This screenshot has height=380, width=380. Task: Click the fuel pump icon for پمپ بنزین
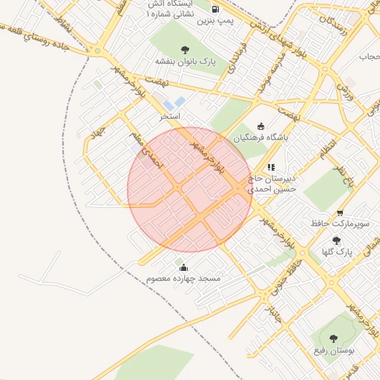coord(215,10)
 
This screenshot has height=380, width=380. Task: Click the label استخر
coord(171,117)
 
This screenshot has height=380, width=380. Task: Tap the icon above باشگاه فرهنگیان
coord(260,126)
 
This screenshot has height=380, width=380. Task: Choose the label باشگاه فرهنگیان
coord(261,138)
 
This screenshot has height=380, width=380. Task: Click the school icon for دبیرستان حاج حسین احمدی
coord(272,167)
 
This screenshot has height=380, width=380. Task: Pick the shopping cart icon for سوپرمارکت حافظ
coord(340,212)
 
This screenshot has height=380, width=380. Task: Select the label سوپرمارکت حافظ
coord(341,223)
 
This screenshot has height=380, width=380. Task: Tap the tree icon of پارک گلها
coord(336,240)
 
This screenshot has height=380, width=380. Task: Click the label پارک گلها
coord(335,252)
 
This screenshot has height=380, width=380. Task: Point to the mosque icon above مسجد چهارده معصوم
coord(183,267)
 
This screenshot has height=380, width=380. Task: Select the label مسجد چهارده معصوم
coord(183,278)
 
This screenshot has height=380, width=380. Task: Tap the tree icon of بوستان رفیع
coord(332,338)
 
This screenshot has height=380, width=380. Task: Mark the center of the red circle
coord(190,189)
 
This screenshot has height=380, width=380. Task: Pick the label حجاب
coord(369,56)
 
